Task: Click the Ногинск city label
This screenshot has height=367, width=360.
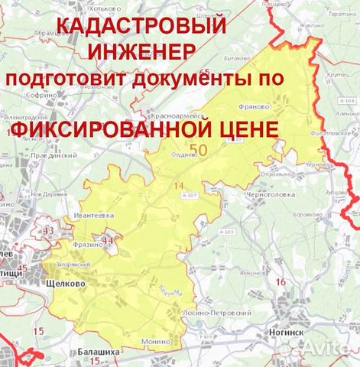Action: (x=287, y=333)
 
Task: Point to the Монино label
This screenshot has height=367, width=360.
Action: (x=155, y=342)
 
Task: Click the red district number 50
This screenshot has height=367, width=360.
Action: (x=200, y=150)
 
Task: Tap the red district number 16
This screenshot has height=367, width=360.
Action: (x=281, y=283)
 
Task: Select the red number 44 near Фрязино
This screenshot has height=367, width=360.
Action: (x=106, y=240)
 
